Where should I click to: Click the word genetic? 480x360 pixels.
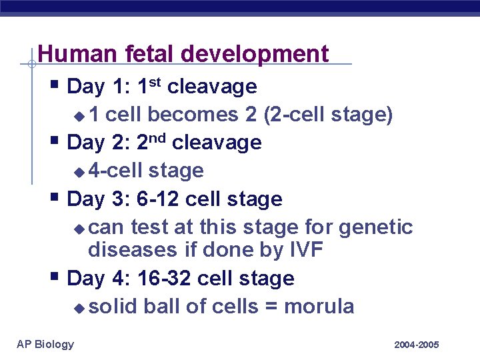376,227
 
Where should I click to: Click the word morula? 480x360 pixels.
319,307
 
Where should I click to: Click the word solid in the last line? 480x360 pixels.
113,307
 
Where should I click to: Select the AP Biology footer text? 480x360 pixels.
45,344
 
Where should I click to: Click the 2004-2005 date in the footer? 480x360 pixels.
416,345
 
